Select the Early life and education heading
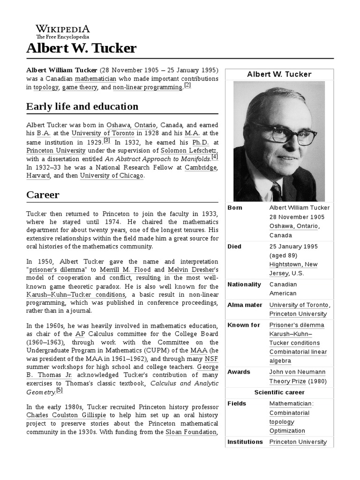(82, 106)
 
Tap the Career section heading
(43, 194)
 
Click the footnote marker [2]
(187, 85)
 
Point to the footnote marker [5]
(59, 390)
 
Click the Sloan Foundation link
(191, 432)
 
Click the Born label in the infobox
(235, 208)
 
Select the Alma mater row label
(245, 305)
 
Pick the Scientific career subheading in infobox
(279, 392)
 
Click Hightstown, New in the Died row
(293, 264)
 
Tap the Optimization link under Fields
(287, 431)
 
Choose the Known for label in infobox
(243, 325)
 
